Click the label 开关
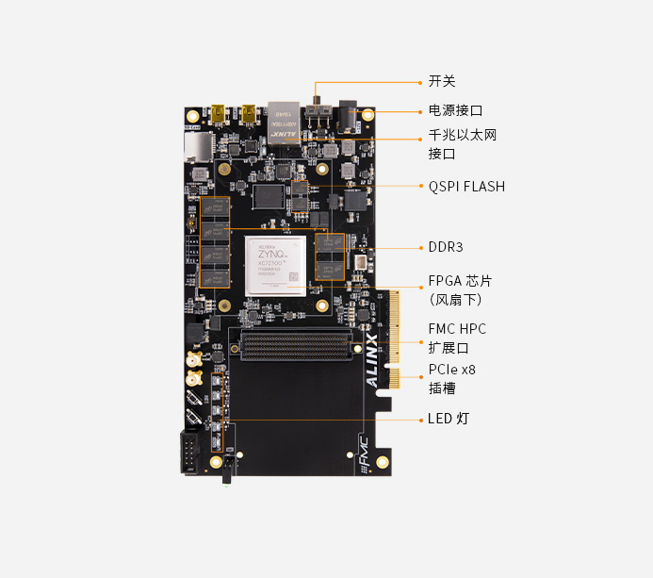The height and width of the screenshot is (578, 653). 442,82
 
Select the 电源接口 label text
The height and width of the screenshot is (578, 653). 455,110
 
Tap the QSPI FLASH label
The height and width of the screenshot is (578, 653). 466,187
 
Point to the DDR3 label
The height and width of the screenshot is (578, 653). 446,247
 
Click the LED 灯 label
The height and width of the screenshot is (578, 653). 449,418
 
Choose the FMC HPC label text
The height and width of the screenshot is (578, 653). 457,329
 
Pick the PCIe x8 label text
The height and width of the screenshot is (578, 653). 452,370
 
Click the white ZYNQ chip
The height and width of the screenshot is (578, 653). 279,266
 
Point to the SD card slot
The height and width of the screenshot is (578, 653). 198,145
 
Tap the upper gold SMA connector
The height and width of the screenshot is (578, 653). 192,360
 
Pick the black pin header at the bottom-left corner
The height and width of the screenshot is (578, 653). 190,452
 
